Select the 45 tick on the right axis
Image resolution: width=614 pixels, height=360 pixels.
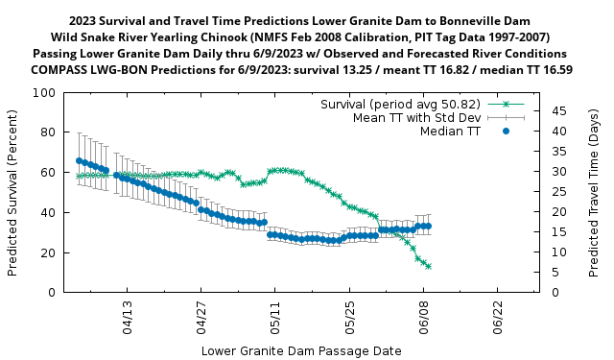click(x=555, y=111)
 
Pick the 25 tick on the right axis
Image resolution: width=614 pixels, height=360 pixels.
click(x=555, y=192)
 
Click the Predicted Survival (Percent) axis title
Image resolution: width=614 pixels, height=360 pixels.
click(x=12, y=193)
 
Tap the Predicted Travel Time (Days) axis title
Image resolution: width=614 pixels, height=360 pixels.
click(x=595, y=193)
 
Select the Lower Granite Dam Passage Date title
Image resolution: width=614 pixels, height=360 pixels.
click(x=301, y=350)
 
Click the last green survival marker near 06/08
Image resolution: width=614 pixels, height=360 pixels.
click(x=428, y=266)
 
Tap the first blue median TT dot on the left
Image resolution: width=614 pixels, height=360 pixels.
click(x=79, y=161)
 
